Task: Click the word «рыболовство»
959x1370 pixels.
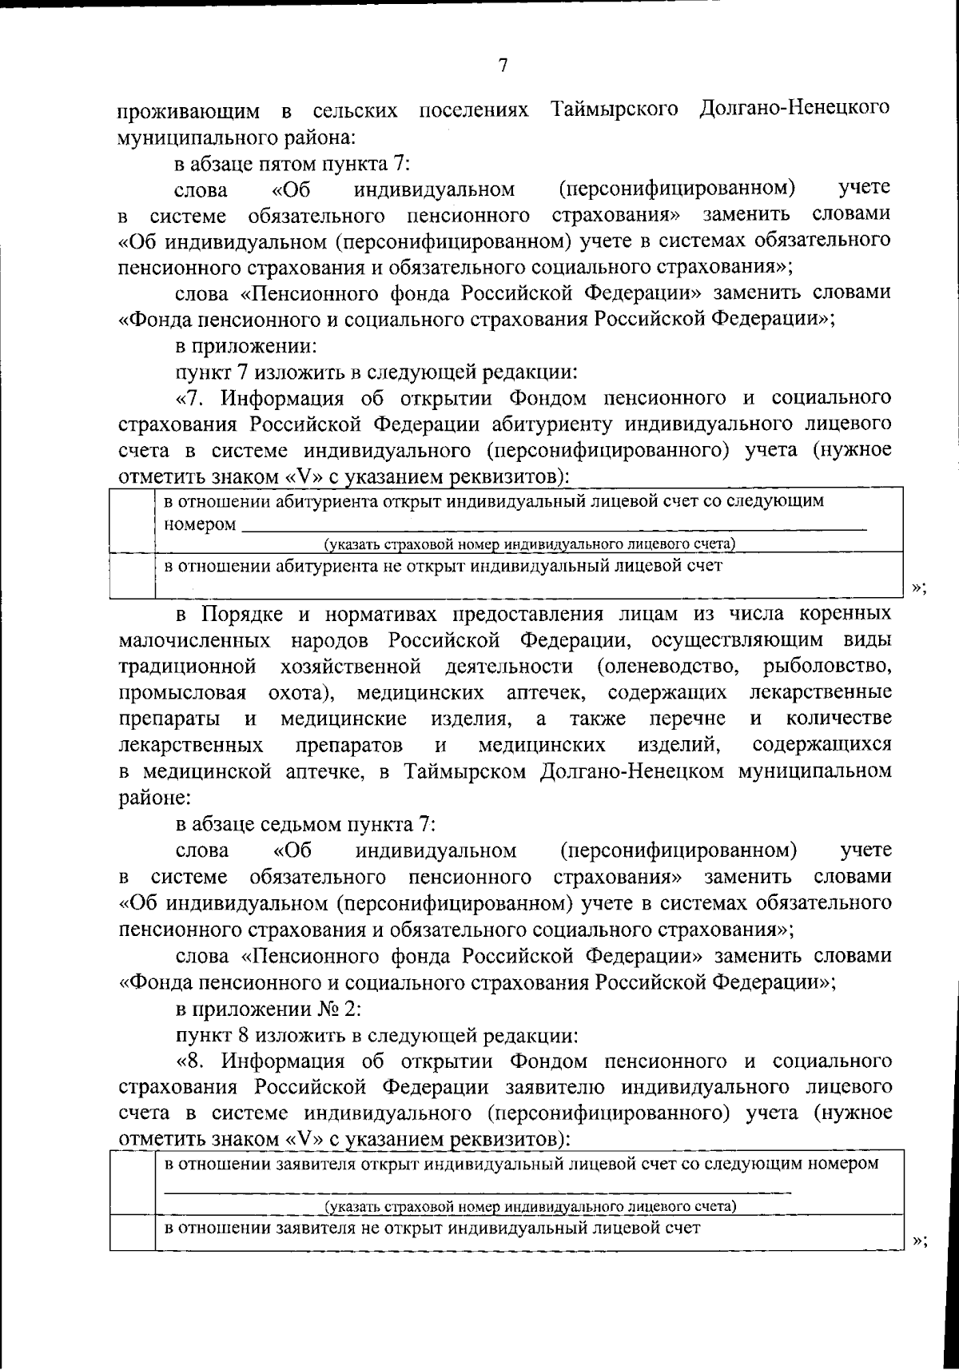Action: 827,666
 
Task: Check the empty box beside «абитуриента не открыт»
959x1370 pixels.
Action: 132,575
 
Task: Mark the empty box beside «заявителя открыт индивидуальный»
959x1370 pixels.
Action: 132,1183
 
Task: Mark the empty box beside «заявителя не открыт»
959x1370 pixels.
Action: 132,1233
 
